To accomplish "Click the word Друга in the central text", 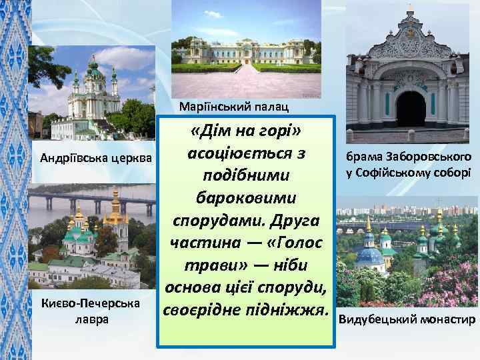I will [x=293, y=220].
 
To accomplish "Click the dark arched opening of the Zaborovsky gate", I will [x=411, y=109].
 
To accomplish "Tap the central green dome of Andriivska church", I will [x=93, y=67].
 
